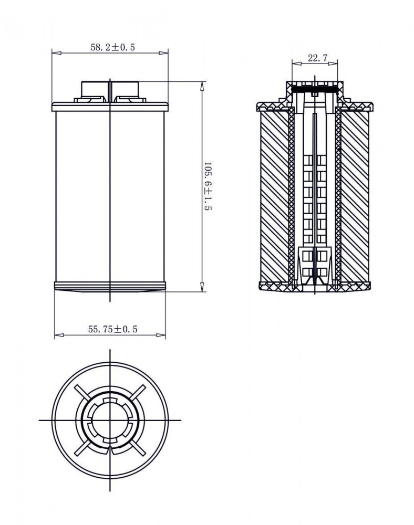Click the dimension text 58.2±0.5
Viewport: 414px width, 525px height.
point(112,47)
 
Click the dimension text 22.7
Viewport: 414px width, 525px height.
point(317,58)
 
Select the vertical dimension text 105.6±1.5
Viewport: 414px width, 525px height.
point(208,186)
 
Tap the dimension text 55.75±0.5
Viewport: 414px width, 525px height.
point(112,329)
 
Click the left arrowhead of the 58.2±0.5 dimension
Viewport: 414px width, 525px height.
point(57,53)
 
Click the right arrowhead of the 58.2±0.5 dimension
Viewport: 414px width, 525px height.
point(163,53)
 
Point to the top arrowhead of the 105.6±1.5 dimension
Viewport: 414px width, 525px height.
point(202,86)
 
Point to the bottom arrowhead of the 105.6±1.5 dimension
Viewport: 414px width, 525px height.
point(202,287)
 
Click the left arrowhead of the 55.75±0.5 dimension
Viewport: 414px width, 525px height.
point(59,334)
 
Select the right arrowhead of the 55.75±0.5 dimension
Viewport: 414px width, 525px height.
point(161,334)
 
